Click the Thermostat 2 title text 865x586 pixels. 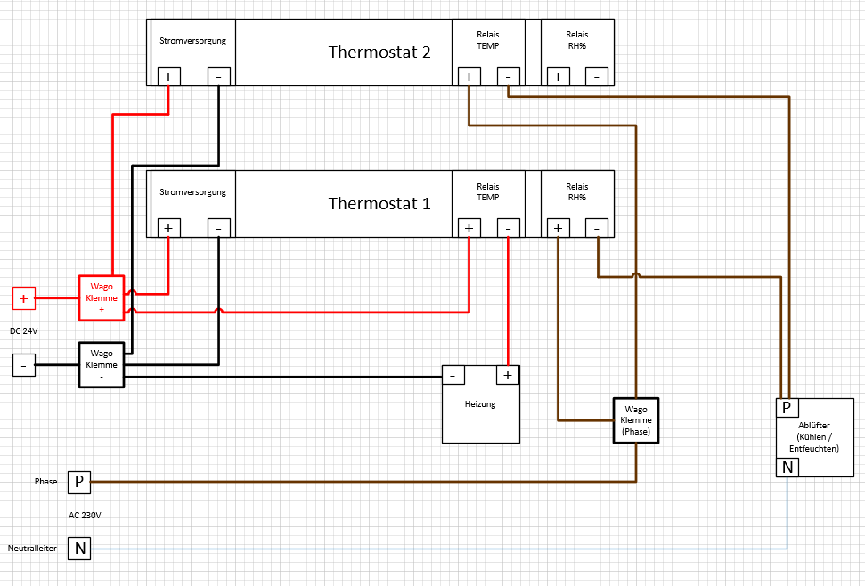379,52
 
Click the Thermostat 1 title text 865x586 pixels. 379,203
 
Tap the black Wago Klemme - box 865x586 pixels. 102,364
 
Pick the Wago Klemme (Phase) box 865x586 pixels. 635,419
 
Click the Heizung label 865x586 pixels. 480,404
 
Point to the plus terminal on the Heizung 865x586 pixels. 507,376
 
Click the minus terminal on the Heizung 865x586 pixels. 453,376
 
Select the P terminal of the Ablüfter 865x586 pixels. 787,408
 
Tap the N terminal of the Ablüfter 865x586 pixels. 787,467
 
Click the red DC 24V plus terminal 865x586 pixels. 24,298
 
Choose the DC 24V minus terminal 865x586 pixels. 24,364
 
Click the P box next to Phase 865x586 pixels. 79,482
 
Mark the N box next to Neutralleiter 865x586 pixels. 79,549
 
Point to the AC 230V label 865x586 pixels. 86,515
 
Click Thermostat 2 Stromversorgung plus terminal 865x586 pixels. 168,77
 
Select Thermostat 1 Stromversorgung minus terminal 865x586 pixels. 219,229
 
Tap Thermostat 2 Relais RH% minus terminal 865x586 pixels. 597,77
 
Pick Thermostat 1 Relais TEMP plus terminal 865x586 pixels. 469,229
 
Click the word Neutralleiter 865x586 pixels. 32,549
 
